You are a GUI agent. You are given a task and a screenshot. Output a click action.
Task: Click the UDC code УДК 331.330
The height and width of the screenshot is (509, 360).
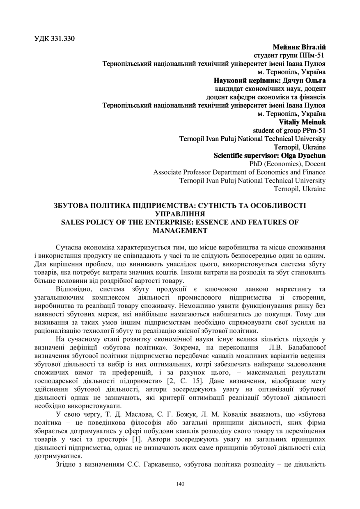[55, 39]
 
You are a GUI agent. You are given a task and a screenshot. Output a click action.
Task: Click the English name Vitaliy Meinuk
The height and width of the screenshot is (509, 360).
[302, 122]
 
